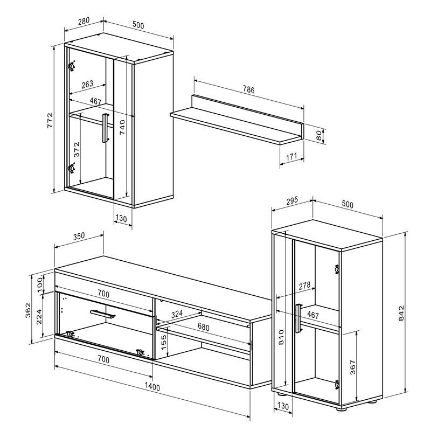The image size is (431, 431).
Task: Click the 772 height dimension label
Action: [50, 120]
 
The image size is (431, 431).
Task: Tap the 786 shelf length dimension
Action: [249, 89]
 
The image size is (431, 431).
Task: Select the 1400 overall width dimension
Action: [152, 387]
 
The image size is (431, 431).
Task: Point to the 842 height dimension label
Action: [401, 313]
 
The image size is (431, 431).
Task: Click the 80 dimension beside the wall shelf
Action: [318, 136]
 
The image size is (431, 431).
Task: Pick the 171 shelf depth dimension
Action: [291, 157]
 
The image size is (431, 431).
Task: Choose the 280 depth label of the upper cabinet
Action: [84, 21]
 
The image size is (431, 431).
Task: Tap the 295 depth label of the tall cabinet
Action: [292, 200]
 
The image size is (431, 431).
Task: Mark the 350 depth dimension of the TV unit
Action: [79, 237]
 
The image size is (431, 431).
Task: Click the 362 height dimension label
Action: [29, 310]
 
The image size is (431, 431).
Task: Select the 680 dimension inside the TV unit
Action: [204, 327]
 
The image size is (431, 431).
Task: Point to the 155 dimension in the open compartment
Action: [164, 343]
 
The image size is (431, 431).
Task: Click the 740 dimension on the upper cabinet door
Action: [122, 127]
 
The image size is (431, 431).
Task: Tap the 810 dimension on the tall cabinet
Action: [281, 337]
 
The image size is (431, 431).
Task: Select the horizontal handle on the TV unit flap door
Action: [103, 314]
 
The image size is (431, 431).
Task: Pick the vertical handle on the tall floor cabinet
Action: [298, 318]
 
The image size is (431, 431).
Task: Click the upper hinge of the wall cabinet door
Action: [72, 66]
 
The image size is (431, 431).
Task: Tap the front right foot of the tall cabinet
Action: [342, 409]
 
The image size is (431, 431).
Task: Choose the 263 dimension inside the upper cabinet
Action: [87, 84]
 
